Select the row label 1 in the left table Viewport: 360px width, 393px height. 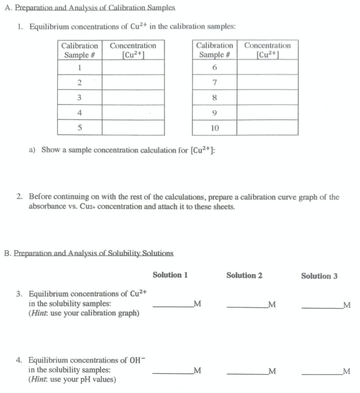point(80,68)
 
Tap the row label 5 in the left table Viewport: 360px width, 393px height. point(80,128)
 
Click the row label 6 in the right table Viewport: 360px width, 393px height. point(214,68)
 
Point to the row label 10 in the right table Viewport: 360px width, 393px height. point(214,128)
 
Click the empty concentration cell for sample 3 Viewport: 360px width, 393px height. point(133,97)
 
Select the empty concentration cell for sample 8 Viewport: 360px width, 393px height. point(267,97)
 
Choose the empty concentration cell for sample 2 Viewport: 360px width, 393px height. point(133,83)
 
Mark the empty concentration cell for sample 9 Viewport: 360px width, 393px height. point(267,113)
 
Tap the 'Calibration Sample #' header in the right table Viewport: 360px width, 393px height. point(214,50)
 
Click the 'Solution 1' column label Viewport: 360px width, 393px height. point(170,275)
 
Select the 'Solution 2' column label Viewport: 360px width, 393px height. point(244,275)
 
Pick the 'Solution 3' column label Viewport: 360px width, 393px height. point(319,276)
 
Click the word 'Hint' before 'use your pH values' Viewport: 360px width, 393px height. point(39,380)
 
